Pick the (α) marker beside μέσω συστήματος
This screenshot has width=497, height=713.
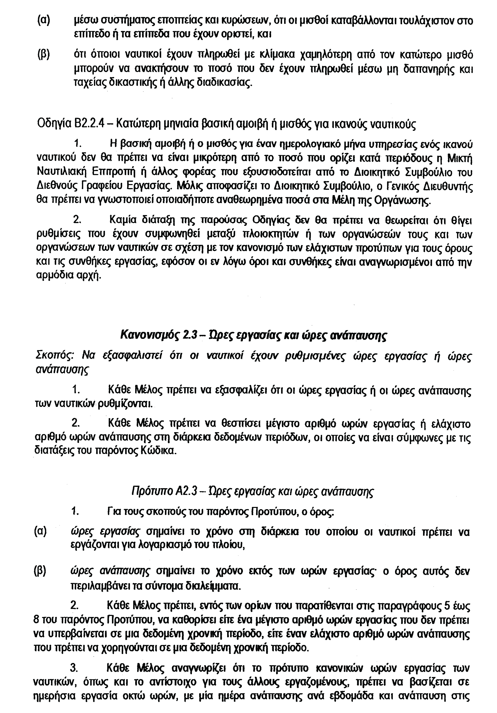click(43, 21)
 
